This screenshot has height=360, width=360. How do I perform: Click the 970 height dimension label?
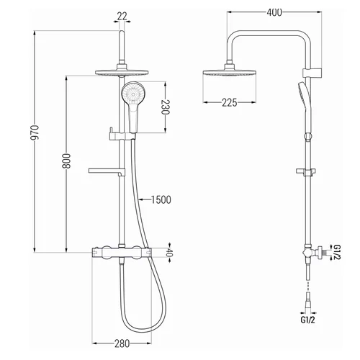point(35,132)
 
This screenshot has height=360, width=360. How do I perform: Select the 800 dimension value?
point(67,161)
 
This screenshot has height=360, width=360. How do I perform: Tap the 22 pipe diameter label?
point(122,17)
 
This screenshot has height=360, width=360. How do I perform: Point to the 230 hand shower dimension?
point(166,107)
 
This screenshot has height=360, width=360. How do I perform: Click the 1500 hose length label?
point(161,199)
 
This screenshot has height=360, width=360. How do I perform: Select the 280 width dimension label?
point(122,343)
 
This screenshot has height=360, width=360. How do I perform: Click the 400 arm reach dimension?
point(274,12)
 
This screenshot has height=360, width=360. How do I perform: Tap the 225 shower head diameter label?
point(230,103)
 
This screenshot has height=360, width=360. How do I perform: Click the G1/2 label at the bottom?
point(307,320)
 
